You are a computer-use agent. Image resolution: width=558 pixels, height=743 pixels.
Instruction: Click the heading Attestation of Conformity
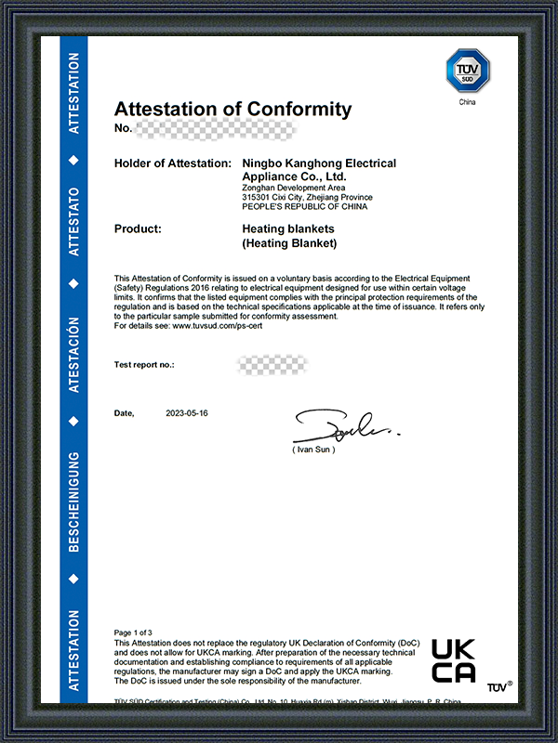point(232,110)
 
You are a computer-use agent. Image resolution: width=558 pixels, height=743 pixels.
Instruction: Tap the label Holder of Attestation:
point(172,163)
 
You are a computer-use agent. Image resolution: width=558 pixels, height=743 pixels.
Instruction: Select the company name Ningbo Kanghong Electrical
point(318,163)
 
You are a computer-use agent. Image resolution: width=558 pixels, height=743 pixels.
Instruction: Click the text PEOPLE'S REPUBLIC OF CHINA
point(304,206)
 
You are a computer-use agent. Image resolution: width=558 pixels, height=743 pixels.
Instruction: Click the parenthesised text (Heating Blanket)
point(288,243)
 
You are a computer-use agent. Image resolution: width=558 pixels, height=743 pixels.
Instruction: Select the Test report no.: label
point(144,365)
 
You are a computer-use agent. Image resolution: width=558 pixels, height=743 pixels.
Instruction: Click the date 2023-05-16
point(187,412)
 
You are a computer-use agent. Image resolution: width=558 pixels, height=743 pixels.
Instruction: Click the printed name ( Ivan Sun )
point(313,450)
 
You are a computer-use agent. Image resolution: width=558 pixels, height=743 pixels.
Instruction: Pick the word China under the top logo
point(467,102)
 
